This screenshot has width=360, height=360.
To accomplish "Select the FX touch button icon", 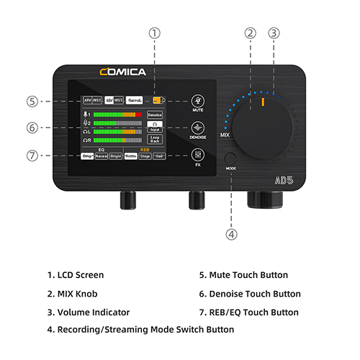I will pos(197,155).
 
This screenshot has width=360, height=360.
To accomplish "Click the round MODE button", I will pos(230,161).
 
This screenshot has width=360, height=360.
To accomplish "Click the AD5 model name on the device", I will pos(282,181).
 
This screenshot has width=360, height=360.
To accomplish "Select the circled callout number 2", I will pos(251,32).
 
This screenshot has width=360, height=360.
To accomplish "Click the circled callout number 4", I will pos(230,233).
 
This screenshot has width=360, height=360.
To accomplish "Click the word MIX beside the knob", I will pos(225,135).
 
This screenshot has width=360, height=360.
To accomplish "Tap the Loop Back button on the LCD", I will pos(155,139).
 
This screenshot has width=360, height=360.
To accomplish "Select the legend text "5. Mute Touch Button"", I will pos(243,275).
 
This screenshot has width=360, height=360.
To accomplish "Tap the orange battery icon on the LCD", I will pos(158,99).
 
